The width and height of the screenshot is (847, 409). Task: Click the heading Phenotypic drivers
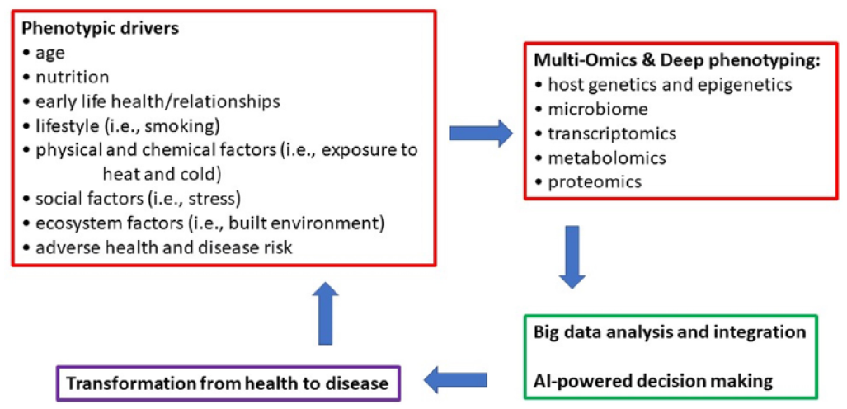coord(101,29)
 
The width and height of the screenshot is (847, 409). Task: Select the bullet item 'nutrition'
coord(65,78)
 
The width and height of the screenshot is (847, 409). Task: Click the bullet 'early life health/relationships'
coord(151,101)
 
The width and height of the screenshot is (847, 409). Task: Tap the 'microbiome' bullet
coord(591,109)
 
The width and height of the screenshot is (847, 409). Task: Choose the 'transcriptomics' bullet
coord(605,133)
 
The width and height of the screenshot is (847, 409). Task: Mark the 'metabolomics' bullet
coord(600,157)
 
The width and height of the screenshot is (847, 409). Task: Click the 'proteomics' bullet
coord(588,182)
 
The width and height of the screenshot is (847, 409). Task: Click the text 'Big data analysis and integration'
coord(670,331)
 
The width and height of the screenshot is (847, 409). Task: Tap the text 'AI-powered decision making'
coord(650,381)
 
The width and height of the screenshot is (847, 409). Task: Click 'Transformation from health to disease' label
coord(228,384)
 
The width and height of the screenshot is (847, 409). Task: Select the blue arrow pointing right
coord(481,134)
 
